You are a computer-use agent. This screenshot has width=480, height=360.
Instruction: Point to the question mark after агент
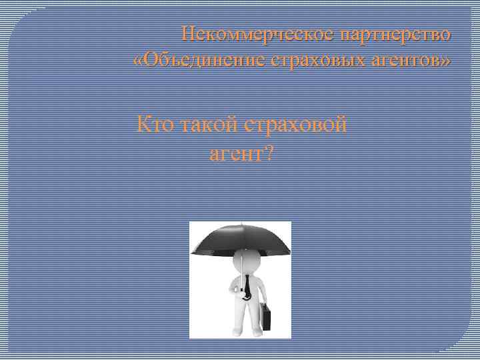268,154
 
